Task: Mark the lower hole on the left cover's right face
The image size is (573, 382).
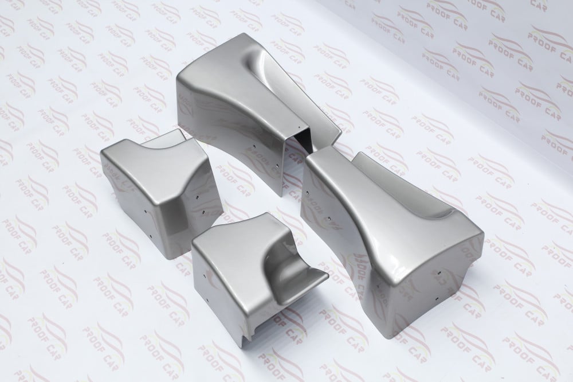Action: click(x=203, y=212)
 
